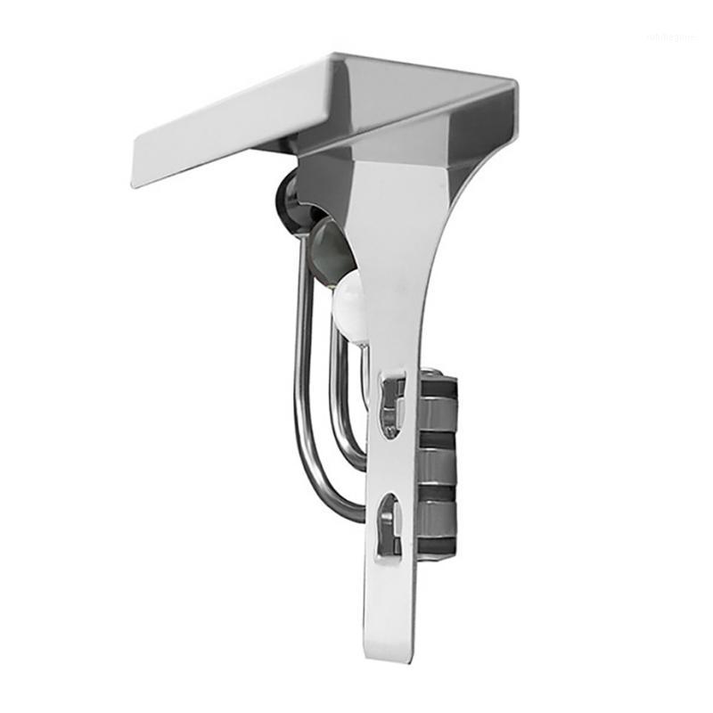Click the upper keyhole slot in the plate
point(391,406)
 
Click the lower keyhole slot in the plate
point(389,527)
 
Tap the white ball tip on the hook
point(350,302)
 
